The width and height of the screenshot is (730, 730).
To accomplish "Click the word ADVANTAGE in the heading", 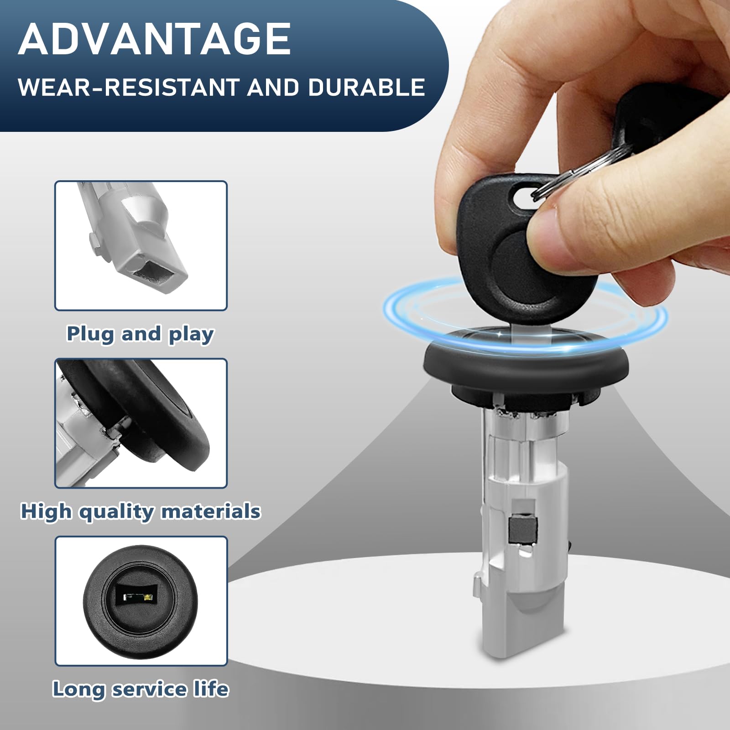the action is [x=155, y=39].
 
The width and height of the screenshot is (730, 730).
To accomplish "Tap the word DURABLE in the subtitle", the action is [x=366, y=87].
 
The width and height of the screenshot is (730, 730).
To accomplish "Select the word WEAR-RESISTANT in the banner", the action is [x=129, y=87].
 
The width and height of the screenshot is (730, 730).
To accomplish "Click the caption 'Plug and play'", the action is [x=140, y=334].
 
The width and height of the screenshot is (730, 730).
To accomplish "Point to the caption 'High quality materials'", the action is [x=141, y=511].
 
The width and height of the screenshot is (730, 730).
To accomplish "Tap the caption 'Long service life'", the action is [x=141, y=689].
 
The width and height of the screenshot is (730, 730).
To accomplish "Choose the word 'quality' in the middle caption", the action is [x=117, y=512].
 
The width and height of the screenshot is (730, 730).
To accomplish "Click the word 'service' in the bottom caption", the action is [x=150, y=689].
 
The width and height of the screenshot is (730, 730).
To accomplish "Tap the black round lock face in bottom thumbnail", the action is [x=141, y=602].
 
